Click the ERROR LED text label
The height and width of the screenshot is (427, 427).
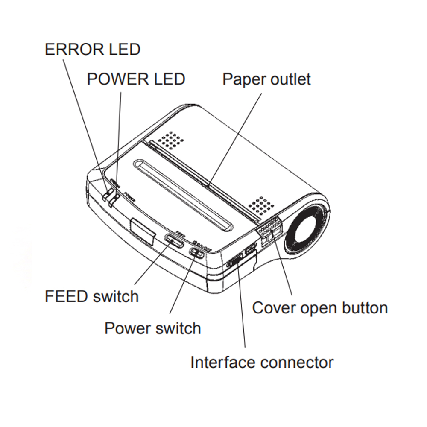tap(92, 50)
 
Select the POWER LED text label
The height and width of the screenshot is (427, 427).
tap(136, 79)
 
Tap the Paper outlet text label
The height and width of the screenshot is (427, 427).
tap(267, 79)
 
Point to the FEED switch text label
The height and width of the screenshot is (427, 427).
tap(92, 296)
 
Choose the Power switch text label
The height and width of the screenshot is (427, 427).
tap(152, 328)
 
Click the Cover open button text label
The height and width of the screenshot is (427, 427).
tap(320, 308)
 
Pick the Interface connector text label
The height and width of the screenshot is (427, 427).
tap(262, 363)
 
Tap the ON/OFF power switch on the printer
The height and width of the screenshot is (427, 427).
tap(197, 253)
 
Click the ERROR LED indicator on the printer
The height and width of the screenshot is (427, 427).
tap(106, 194)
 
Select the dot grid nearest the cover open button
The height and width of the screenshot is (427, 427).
tap(261, 205)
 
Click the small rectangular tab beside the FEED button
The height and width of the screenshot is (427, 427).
tap(143, 231)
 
